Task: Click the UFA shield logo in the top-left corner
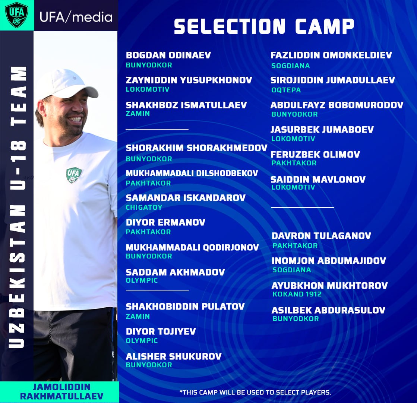click(16, 15)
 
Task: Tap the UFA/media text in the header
click(76, 17)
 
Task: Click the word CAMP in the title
click(325, 26)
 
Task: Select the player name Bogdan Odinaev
click(168, 55)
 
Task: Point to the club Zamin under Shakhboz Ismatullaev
click(138, 114)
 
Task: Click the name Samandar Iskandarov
click(186, 198)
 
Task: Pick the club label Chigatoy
click(144, 207)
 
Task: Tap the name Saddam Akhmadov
click(175, 272)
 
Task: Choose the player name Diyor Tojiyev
click(161, 331)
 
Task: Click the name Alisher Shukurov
click(174, 356)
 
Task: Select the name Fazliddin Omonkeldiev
click(331, 55)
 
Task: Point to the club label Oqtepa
click(286, 90)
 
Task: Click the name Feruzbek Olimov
click(315, 155)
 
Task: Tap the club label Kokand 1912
click(297, 294)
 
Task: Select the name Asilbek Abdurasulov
click(328, 310)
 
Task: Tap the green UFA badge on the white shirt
click(74, 175)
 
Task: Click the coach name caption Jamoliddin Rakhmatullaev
click(62, 391)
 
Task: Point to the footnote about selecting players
click(255, 392)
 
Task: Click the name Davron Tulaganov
click(321, 236)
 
